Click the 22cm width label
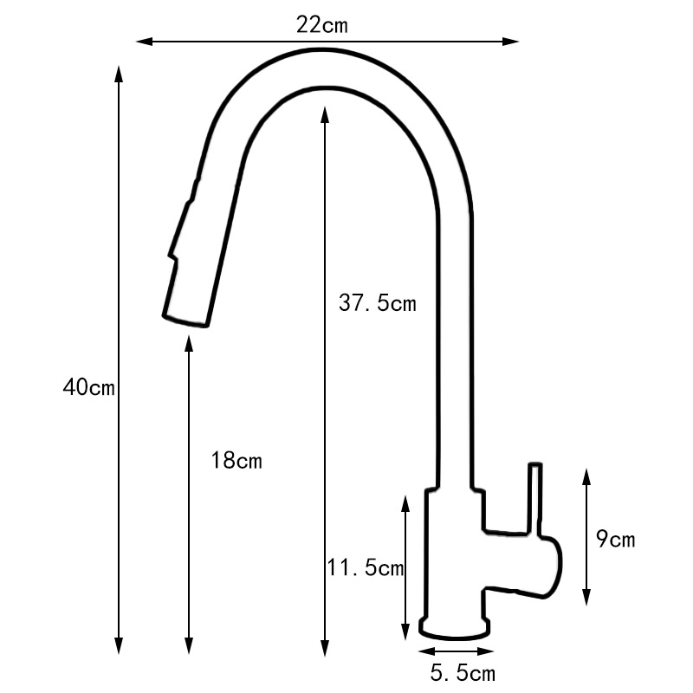pos(321,25)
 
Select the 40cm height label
pos(88,387)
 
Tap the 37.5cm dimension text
pos(377,303)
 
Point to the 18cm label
pos(236,460)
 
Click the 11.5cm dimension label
pos(366,568)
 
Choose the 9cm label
pos(616,540)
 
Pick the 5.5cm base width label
pos(463,672)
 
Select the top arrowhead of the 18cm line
pos(189,343)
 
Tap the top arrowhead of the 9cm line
pos(586,475)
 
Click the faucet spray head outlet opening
pos(187,320)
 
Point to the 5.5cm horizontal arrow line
pos(453,651)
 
